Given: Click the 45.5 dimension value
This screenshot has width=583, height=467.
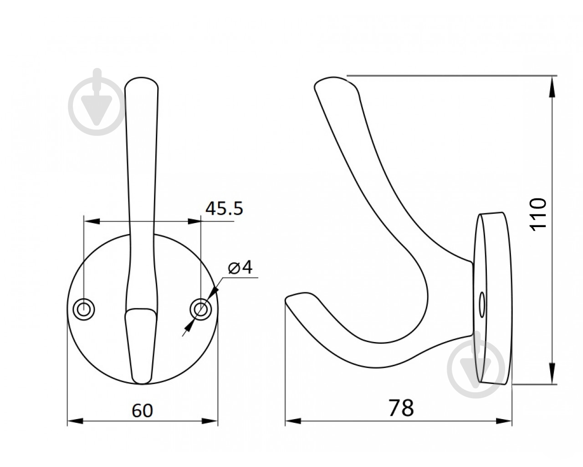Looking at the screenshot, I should click(224, 208).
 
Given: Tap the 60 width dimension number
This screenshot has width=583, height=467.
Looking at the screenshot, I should click(143, 410).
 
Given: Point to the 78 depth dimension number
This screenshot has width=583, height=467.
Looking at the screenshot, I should click(401, 408).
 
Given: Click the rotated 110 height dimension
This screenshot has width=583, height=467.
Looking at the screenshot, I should click(538, 214).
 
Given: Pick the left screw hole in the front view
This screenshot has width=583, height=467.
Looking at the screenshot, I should click(84, 309).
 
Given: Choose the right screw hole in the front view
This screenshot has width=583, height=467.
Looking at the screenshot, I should click(200, 309).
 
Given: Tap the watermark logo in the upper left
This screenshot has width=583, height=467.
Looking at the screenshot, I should click(97, 104).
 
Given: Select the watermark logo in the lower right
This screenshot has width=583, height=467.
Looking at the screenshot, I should click(475, 364).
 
